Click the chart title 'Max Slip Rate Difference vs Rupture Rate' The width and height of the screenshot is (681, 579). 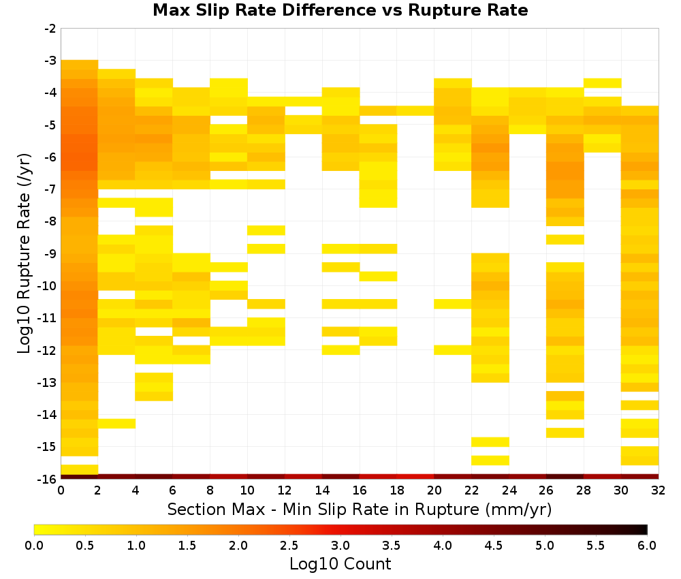click(x=340, y=10)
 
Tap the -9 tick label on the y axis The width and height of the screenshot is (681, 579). click(x=50, y=253)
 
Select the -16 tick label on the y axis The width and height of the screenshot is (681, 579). click(x=48, y=479)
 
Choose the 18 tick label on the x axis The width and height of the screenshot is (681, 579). click(x=397, y=490)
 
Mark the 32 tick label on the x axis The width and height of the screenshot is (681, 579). click(x=659, y=490)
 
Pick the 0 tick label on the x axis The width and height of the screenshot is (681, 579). click(x=61, y=490)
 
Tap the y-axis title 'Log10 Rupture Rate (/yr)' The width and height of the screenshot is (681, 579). click(x=24, y=253)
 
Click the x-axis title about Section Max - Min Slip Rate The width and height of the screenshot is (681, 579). click(x=359, y=510)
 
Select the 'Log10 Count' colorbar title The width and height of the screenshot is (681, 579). click(x=340, y=564)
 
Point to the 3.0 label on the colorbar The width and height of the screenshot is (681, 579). click(x=340, y=546)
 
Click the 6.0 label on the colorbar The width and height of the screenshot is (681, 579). click(x=647, y=546)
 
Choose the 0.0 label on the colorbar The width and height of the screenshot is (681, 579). click(x=34, y=546)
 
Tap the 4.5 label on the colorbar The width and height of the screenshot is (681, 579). click(x=494, y=546)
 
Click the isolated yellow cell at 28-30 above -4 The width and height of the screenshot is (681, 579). click(x=603, y=83)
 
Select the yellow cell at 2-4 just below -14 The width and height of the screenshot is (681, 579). click(x=117, y=424)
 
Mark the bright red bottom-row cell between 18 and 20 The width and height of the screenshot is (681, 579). click(x=415, y=477)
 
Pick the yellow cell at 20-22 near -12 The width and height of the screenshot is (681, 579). click(x=453, y=350)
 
